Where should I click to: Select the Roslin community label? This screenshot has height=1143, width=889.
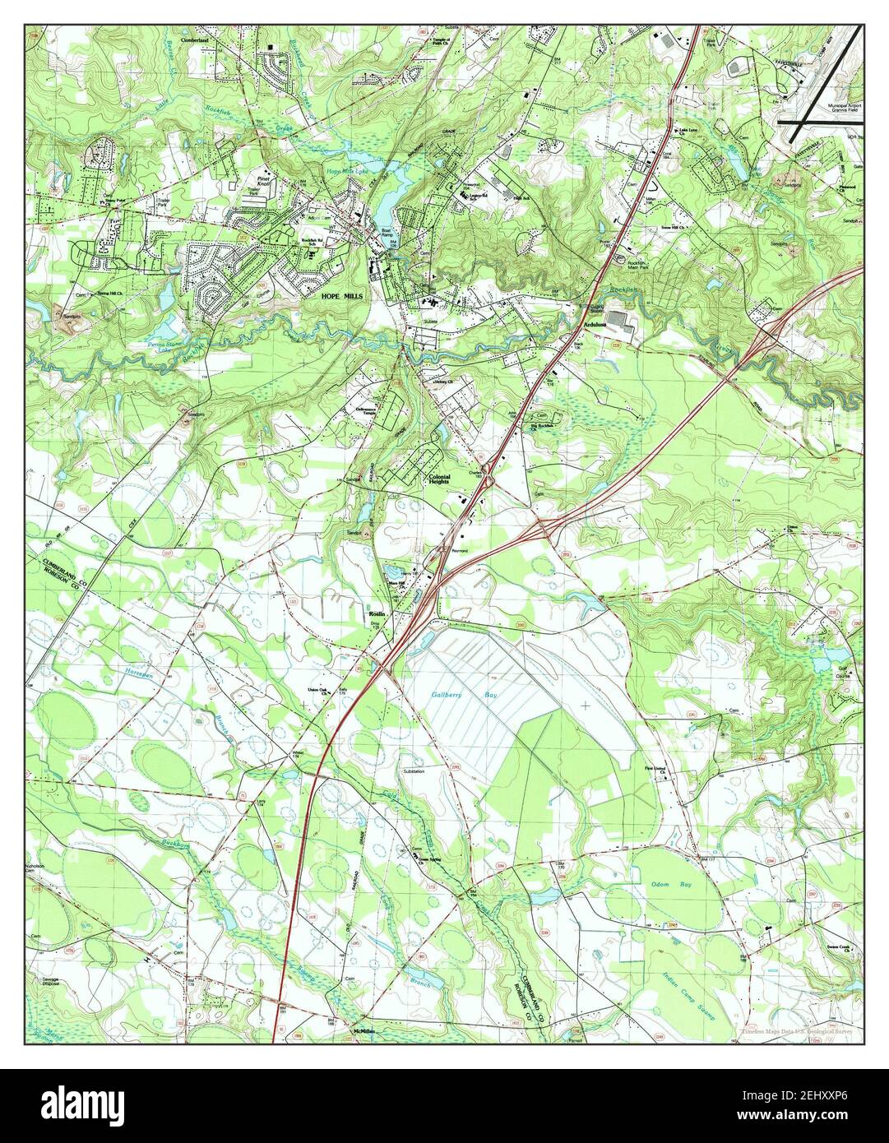[377, 613]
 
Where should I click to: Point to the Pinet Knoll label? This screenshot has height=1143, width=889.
[264, 180]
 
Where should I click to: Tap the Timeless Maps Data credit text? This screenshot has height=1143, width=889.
[794, 1030]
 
